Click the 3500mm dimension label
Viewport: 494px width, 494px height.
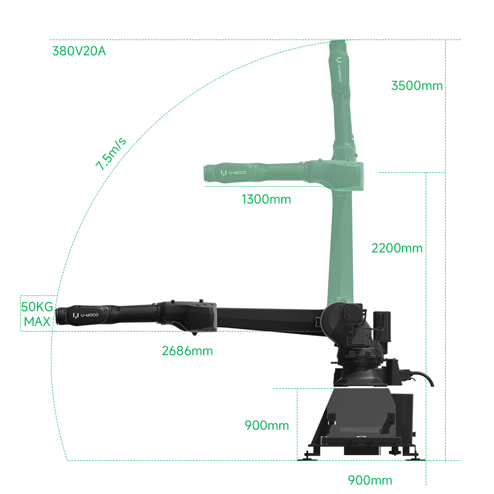tap(414, 85)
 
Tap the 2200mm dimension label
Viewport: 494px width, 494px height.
tap(394, 248)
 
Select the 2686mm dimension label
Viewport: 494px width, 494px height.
tap(186, 351)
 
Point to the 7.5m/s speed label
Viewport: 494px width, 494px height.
tap(111, 155)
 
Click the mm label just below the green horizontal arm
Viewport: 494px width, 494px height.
tap(268, 199)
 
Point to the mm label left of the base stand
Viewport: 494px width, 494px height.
tap(268, 425)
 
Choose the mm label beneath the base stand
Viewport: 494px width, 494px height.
tap(371, 480)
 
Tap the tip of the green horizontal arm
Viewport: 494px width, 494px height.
tap(206, 173)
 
